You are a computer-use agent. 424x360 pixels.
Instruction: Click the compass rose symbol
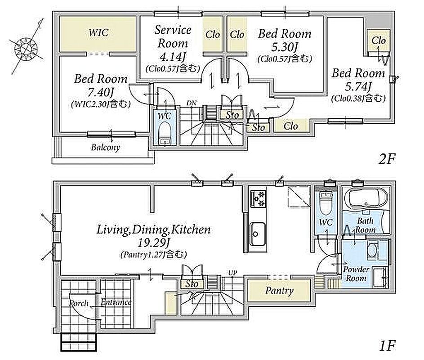click(x=26, y=48)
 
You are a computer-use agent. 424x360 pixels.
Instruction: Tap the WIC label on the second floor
click(x=99, y=33)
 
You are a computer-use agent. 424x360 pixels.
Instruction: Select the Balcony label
click(x=106, y=148)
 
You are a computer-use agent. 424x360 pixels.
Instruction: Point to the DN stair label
click(x=191, y=103)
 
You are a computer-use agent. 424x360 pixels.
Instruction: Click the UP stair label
click(x=232, y=273)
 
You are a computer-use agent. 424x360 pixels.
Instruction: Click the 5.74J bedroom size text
click(x=358, y=86)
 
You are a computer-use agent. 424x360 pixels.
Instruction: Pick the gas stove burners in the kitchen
click(x=258, y=199)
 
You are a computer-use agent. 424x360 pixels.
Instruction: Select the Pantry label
click(x=279, y=291)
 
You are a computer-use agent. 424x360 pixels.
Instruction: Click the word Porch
click(x=79, y=303)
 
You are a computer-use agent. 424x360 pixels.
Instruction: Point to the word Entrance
click(x=116, y=302)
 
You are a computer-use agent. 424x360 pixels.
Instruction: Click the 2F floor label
click(x=387, y=159)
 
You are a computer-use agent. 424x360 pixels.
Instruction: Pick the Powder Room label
click(x=356, y=274)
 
